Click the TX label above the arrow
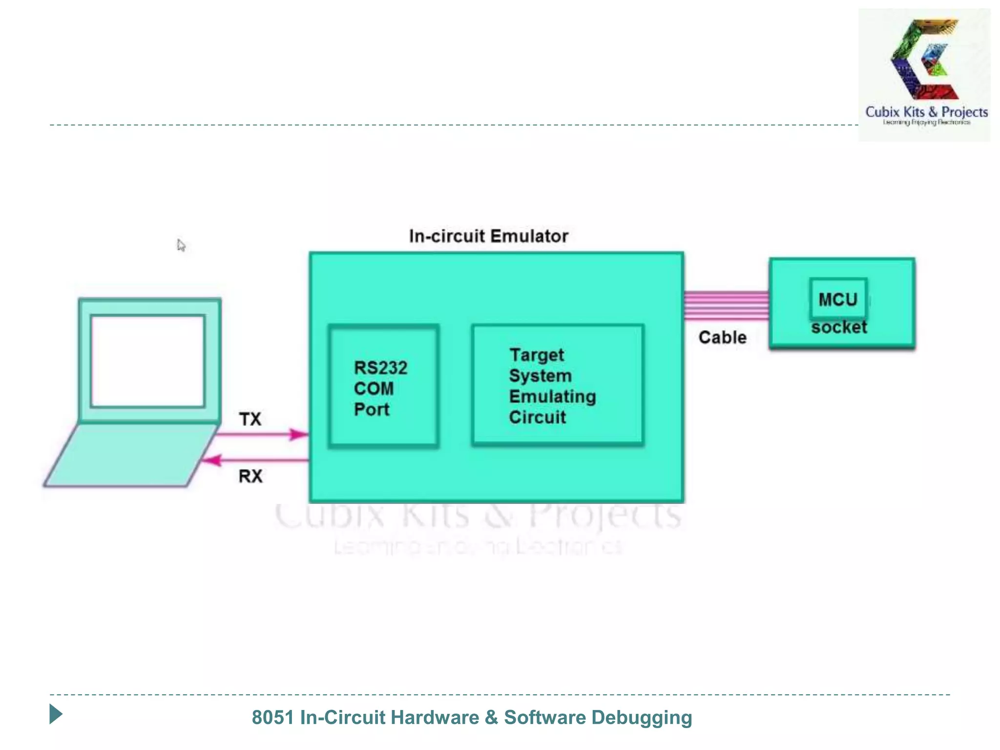250,419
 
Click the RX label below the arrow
250,476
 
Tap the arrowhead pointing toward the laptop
212,460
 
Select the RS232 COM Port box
383,386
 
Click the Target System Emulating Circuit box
558,385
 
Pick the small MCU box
838,299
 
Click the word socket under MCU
839,327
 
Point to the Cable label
722,337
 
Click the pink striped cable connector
726,306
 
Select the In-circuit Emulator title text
488,236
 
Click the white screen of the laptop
147,361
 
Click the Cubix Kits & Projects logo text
926,112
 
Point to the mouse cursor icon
181,245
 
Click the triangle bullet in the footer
56,714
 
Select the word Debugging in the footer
642,717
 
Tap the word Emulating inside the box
552,396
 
